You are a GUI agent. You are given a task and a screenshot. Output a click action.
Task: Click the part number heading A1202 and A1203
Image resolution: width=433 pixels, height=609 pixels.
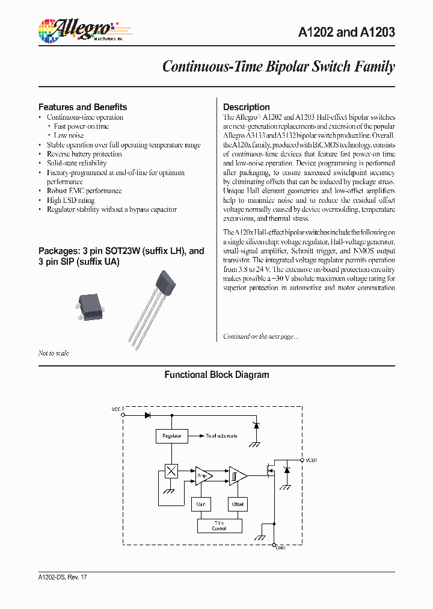[346, 32]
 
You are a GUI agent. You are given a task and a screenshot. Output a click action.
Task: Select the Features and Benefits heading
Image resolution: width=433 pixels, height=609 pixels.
[82, 107]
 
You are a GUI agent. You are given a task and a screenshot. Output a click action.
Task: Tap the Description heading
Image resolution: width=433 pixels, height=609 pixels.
[246, 107]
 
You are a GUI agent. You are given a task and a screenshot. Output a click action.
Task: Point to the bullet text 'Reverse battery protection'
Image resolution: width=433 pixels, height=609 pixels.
[84, 154]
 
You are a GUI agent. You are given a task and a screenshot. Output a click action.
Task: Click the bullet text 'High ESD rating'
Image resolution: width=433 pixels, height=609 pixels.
[70, 200]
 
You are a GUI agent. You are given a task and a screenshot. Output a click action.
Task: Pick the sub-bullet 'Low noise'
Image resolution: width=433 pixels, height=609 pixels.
[69, 136]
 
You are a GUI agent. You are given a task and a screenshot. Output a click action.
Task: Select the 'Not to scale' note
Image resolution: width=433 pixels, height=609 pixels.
[54, 353]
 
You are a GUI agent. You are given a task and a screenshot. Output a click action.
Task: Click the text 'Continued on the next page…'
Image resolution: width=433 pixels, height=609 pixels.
[260, 337]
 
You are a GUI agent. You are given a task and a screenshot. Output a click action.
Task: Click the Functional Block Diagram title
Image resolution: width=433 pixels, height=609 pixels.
[216, 375]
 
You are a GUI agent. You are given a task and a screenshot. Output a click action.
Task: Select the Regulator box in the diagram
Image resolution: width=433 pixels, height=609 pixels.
[171, 436]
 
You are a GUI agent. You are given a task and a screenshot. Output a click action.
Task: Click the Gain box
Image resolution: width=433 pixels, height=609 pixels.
[201, 504]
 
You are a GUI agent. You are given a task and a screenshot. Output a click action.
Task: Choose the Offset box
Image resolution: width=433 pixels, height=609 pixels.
[238, 504]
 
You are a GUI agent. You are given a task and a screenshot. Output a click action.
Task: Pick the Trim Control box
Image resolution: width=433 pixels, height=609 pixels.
[220, 525]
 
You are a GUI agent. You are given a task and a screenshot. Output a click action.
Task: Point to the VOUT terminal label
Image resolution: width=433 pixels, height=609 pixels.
[311, 460]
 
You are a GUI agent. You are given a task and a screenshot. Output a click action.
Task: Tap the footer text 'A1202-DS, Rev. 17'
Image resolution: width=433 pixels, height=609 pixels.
[63, 577]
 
